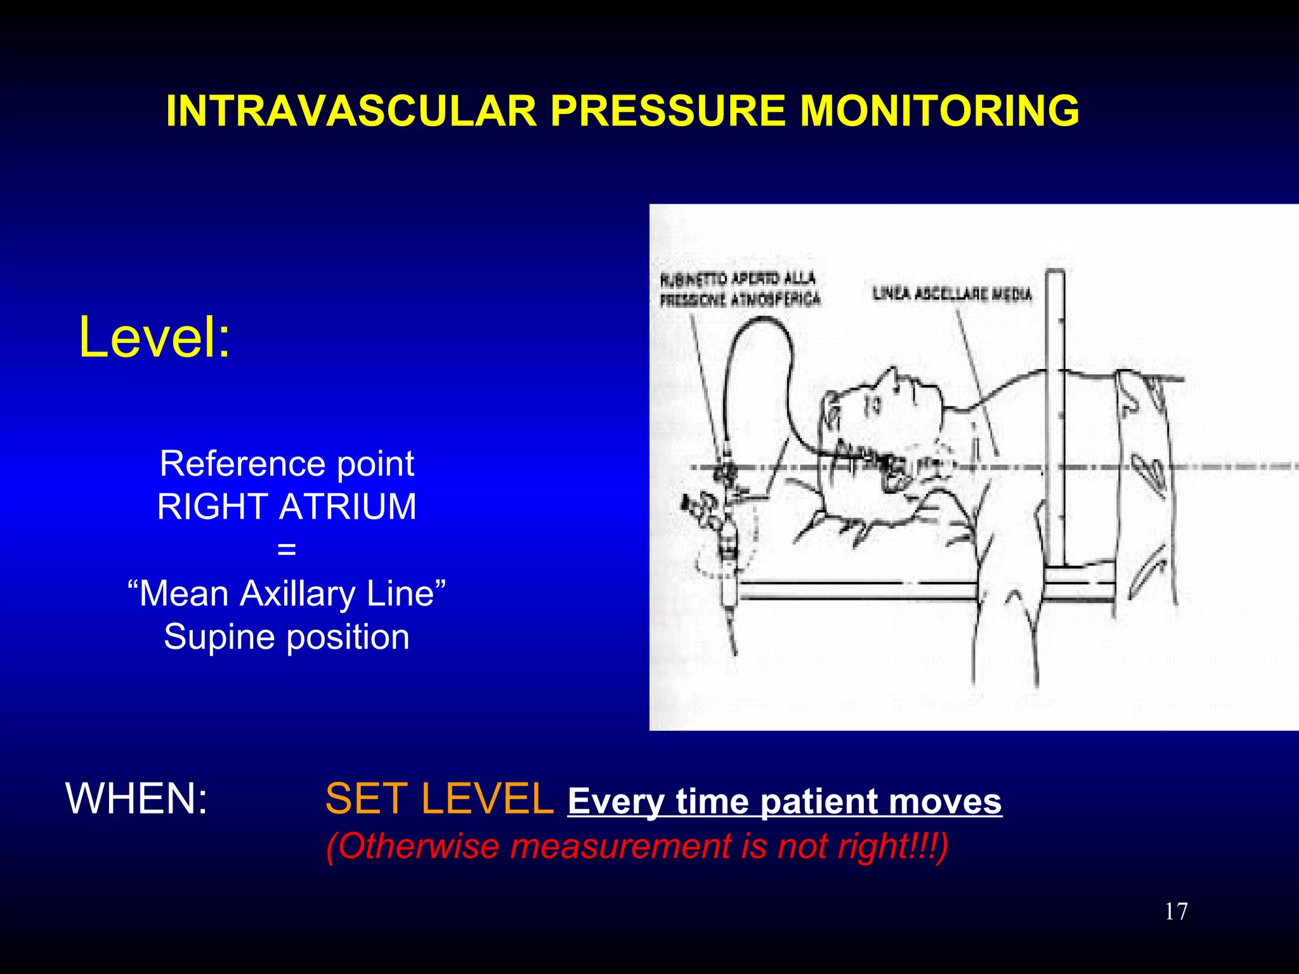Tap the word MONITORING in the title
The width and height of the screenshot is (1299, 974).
tap(939, 112)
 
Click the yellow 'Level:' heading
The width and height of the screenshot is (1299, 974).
tap(154, 337)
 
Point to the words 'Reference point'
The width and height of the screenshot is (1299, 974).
tap(287, 464)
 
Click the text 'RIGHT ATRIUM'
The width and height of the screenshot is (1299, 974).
tap(287, 507)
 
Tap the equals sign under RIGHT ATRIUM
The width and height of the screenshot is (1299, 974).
tap(287, 549)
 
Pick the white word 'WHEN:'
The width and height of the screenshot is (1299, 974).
tap(136, 798)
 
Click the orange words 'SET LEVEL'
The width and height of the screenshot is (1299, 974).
tap(439, 798)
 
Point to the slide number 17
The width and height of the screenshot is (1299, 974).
tap(1176, 912)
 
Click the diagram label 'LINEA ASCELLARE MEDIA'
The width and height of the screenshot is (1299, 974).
tap(952, 294)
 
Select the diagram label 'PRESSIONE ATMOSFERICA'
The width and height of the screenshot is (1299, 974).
tap(740, 299)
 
